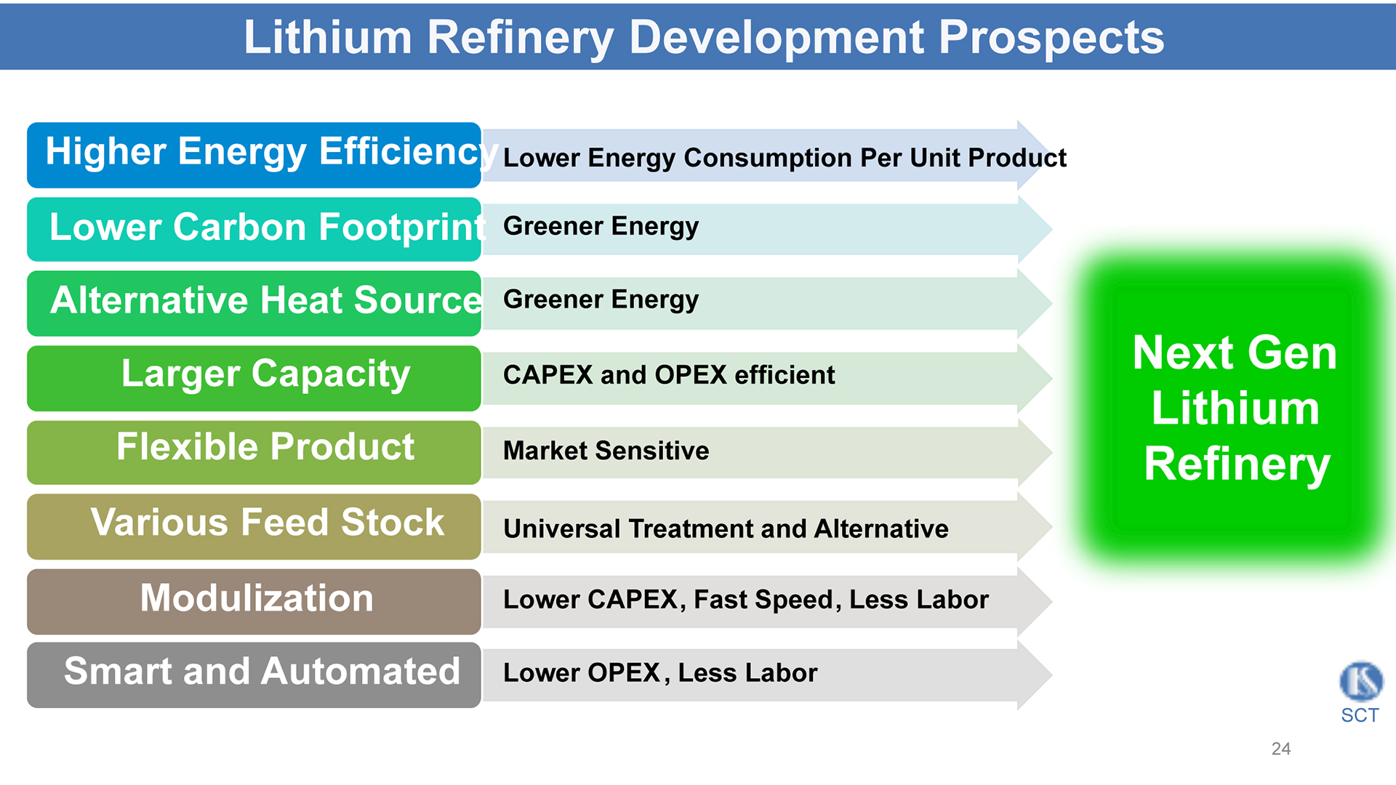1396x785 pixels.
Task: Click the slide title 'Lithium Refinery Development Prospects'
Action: coord(704,37)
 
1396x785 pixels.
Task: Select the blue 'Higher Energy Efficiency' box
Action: coord(254,155)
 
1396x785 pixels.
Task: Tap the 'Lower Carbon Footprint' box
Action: coord(254,229)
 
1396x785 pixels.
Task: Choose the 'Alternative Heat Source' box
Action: coord(254,303)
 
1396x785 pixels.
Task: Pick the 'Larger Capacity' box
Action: coord(254,378)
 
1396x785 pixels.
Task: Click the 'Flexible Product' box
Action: coord(254,452)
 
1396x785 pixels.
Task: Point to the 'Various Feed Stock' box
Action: coord(254,526)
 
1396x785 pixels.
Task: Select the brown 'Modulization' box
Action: coord(254,601)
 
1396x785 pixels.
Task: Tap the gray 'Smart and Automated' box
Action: coord(254,675)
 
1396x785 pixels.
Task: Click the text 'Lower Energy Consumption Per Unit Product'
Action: coord(785,158)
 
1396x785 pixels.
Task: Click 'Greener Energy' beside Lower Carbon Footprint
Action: coord(601,227)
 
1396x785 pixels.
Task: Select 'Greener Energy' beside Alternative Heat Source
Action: coord(601,300)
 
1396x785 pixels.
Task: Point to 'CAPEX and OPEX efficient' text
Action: coord(669,375)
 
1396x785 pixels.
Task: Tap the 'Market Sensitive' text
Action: coord(606,451)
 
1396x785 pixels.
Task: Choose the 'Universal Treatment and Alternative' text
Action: coord(726,528)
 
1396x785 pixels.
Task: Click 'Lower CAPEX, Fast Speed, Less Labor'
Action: coord(746,600)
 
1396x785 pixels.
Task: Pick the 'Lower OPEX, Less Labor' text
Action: coord(660,673)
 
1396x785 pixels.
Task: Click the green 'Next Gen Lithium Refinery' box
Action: coord(1235,408)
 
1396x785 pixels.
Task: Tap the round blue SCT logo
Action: coord(1361,681)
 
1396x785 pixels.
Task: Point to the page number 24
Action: coord(1281,749)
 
